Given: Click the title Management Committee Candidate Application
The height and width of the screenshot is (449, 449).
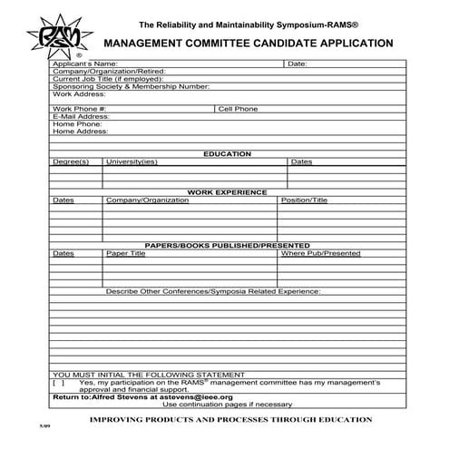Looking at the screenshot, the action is pos(248,43).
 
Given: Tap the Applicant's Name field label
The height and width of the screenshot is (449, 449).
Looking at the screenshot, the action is pos(85,64).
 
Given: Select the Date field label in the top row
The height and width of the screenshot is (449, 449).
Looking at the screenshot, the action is pos(297,64).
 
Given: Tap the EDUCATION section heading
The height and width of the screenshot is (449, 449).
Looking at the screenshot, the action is pos(227,154).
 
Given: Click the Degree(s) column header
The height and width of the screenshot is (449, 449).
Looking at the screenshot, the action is pos(71,161).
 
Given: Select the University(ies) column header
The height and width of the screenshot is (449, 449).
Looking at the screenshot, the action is pos(132,161).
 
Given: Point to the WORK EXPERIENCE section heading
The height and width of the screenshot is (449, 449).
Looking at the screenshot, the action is pos(227,192).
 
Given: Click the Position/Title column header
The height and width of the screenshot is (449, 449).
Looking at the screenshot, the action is pos(304,200).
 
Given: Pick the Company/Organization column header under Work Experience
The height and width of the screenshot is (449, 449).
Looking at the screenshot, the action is pos(141,200).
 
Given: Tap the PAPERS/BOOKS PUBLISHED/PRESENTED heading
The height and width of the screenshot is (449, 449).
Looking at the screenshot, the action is pos(227,246).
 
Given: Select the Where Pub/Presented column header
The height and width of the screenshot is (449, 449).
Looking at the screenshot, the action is pos(320,253).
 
